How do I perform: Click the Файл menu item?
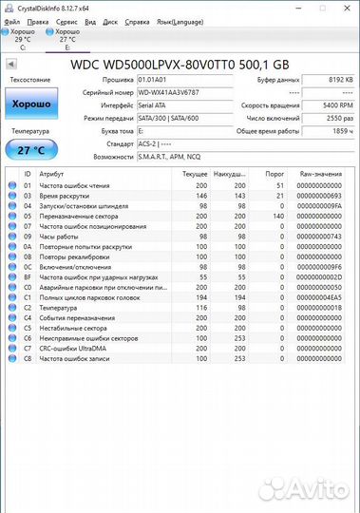click(11, 19)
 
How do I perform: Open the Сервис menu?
click(66, 19)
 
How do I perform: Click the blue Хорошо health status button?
click(31, 104)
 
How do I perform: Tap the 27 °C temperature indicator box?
click(31, 149)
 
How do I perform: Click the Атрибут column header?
click(52, 175)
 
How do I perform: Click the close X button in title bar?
click(351, 6)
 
